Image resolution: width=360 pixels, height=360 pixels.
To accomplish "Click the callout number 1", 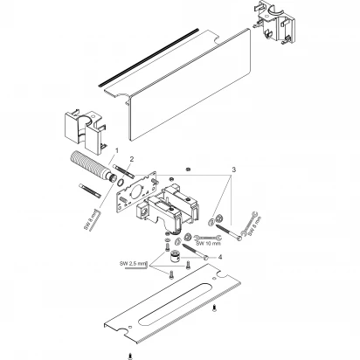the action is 117,151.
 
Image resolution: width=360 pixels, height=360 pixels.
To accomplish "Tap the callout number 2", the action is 132,159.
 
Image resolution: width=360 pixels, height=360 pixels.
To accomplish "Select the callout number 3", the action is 233,170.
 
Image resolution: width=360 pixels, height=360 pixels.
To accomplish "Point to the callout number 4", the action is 220,257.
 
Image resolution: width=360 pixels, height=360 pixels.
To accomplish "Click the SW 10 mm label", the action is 208,244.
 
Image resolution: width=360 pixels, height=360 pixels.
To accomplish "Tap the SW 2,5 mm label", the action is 133,264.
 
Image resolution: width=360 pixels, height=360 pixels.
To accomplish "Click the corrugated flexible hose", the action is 91,167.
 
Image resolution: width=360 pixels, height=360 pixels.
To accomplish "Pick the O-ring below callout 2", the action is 121,183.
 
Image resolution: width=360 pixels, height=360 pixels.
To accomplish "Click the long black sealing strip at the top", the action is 149,57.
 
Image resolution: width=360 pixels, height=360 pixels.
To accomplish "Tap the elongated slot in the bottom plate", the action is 173,303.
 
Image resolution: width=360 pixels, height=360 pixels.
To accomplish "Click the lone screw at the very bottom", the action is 129,356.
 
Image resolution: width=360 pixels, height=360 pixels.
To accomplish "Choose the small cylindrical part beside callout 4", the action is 175,257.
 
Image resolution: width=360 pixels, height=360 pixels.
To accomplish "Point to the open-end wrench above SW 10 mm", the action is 207,238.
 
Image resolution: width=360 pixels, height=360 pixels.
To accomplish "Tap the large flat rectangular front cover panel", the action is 189,85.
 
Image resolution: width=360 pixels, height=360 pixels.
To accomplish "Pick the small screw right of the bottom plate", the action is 215,308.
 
